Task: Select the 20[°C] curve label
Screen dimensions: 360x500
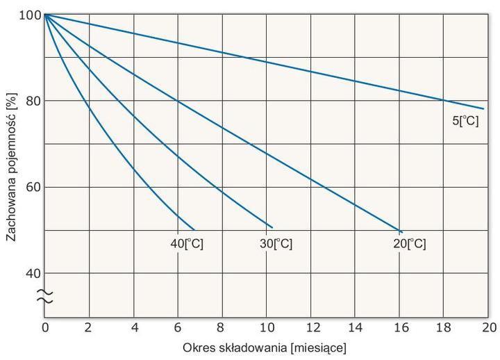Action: click(x=410, y=244)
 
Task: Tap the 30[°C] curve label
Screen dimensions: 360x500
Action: click(x=276, y=244)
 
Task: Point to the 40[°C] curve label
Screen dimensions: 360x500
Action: click(x=187, y=244)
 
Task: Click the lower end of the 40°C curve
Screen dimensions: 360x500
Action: click(x=194, y=229)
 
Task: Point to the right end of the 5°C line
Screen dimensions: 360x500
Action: click(x=483, y=108)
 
